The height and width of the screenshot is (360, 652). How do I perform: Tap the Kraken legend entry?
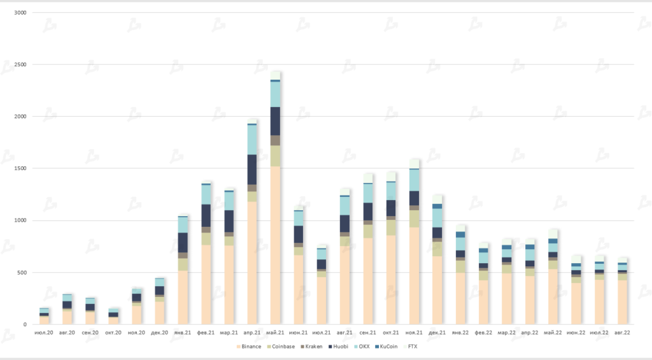pyautogui.click(x=313, y=346)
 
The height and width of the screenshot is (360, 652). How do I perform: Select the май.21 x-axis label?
pyautogui.click(x=275, y=333)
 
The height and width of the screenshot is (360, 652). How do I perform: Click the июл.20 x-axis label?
pyautogui.click(x=44, y=333)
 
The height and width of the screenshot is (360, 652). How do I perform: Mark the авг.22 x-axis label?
pyautogui.click(x=622, y=333)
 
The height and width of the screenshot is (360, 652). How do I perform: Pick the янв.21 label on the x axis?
pyautogui.click(x=183, y=333)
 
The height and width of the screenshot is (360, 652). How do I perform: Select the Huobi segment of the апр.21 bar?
pyautogui.click(x=252, y=169)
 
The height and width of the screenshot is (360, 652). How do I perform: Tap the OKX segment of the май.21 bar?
pyautogui.click(x=275, y=94)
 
